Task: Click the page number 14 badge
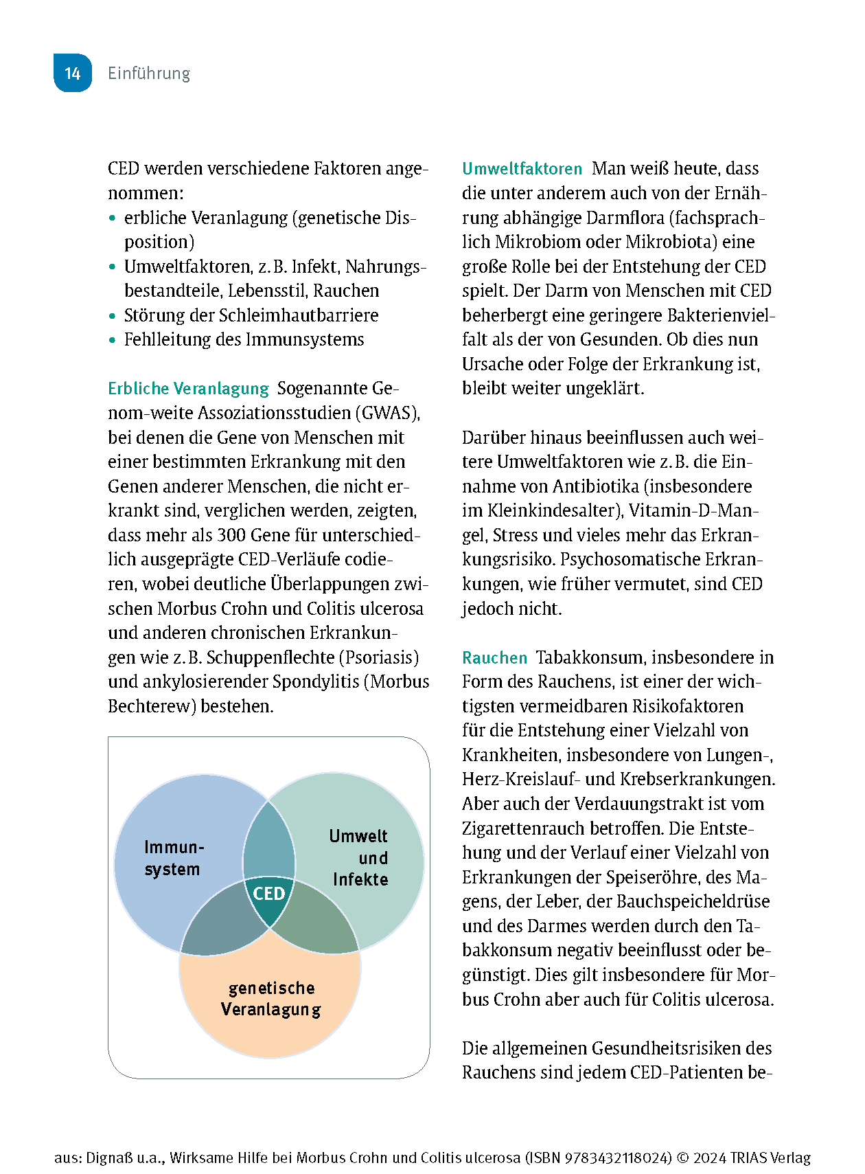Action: (73, 73)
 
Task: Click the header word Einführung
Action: (149, 74)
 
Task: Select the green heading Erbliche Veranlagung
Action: (188, 389)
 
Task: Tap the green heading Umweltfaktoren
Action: (522, 169)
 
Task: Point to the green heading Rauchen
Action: (494, 658)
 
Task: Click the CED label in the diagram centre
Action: (269, 894)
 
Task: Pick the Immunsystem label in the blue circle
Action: (174, 858)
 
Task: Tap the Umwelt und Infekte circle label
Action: (359, 858)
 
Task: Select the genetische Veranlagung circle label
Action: (271, 999)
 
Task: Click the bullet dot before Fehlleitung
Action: (113, 340)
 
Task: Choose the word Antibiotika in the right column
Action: (596, 486)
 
